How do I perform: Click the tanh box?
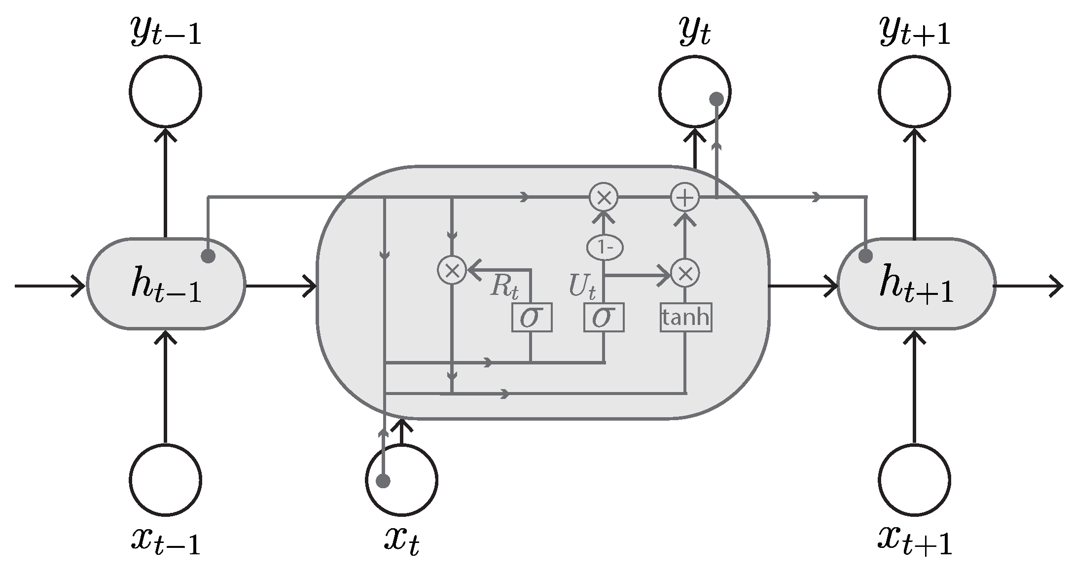coord(686,317)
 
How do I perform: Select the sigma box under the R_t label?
coord(531,318)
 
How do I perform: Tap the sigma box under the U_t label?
coord(604,318)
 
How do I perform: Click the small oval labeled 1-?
coord(605,248)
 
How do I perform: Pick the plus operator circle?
coord(685,197)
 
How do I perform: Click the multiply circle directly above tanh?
coord(685,273)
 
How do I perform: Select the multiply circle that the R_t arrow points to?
coord(452,270)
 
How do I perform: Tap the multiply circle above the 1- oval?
coord(604,197)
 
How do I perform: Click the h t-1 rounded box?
coord(166,284)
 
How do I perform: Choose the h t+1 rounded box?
coord(916,284)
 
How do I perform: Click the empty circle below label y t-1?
coord(166,92)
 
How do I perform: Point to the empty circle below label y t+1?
coord(914,92)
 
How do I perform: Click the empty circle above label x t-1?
coord(166,479)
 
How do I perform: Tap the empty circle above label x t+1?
coord(914,479)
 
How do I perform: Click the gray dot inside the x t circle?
coord(383,481)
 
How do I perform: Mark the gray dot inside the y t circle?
coord(716,99)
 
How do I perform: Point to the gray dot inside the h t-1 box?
coord(208,256)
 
